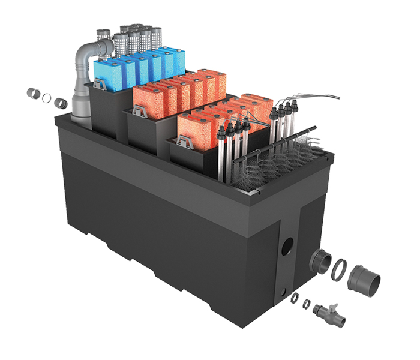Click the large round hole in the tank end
coord(288,245)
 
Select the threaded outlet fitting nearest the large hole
coord(320,261)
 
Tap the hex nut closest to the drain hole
coord(295,298)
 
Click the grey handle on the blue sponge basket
coord(98,86)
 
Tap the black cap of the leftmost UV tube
coord(227,128)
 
